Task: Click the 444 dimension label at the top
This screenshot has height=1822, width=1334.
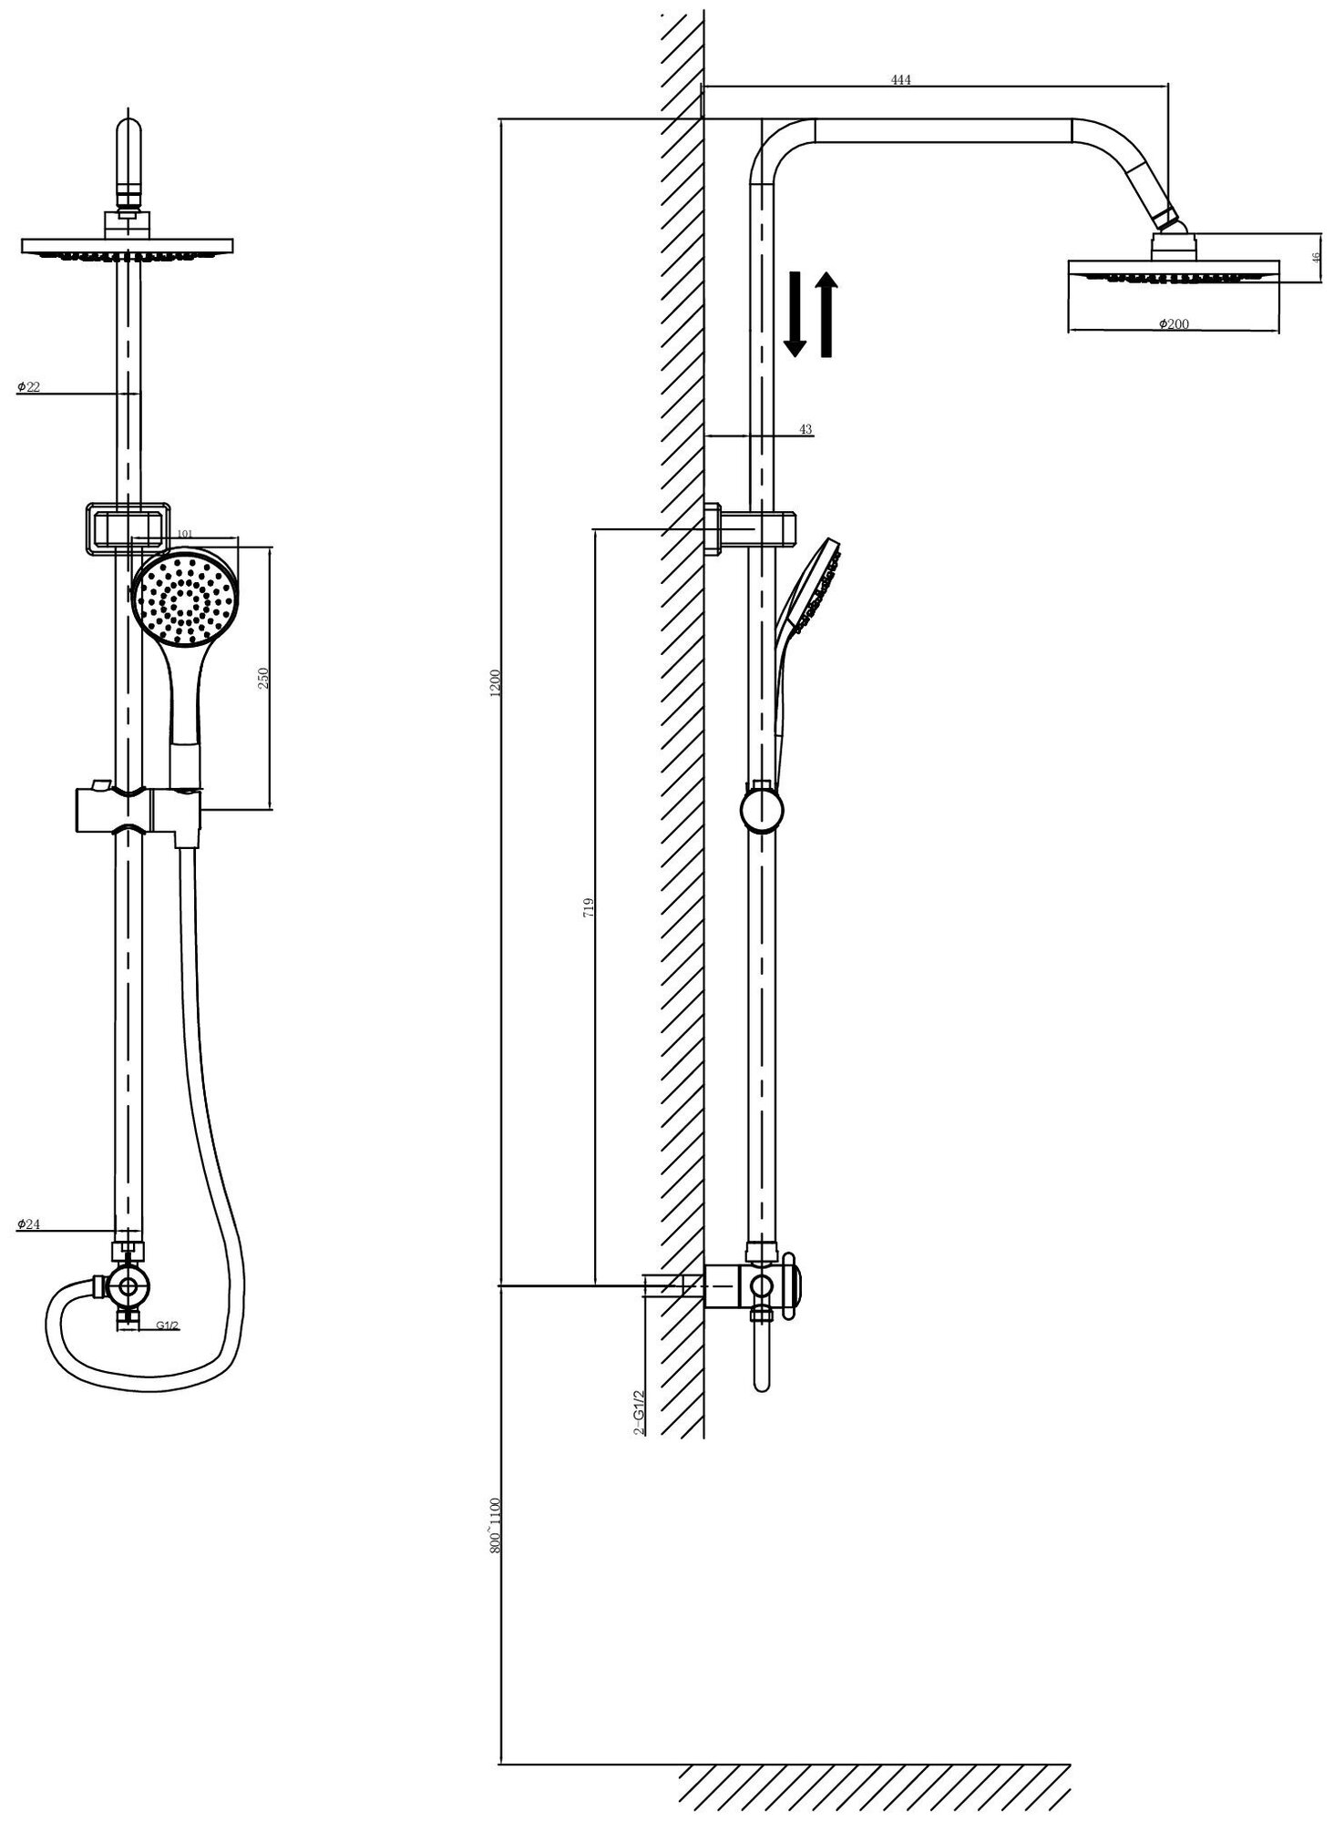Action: point(900,80)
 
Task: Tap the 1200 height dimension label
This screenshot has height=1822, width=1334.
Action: point(496,683)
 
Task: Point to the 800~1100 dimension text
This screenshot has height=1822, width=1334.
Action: point(496,1526)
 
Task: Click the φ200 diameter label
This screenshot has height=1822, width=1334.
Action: point(1174,324)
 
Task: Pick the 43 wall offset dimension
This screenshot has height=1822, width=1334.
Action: point(805,429)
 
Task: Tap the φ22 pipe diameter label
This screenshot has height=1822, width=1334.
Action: point(28,387)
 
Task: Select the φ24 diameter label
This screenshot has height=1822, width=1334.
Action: point(28,1224)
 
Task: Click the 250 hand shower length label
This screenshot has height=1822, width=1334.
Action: point(263,678)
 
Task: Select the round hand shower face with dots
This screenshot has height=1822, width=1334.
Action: point(185,599)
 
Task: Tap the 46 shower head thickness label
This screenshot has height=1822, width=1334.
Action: point(1315,258)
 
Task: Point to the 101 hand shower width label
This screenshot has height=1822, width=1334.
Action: point(184,534)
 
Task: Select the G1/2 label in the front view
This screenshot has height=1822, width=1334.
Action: point(166,1326)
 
